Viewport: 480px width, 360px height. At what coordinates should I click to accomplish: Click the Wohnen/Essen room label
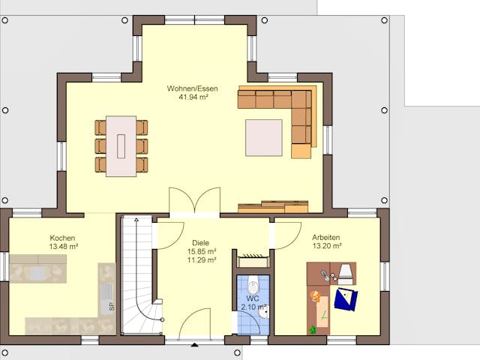coord(193,88)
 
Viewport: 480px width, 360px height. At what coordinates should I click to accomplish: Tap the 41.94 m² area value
coord(193,97)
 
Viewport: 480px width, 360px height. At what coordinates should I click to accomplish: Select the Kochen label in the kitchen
coord(63,237)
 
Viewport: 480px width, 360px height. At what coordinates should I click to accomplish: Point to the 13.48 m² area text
coord(63,246)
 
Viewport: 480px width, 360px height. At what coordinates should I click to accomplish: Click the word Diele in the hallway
coord(201,242)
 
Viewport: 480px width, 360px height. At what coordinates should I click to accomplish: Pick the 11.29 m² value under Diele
coord(201,260)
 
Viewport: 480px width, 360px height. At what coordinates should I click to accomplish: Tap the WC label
coord(252,298)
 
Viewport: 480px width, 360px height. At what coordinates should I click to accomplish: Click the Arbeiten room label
coord(326,237)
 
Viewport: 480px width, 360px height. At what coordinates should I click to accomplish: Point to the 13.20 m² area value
coord(326,246)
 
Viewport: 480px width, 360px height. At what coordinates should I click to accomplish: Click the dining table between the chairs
coord(121,145)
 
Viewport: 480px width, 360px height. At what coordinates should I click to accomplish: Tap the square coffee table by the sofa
coord(263,137)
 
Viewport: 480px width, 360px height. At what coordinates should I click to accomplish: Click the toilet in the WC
coord(253,284)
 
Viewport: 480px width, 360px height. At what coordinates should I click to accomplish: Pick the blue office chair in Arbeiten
coord(346,299)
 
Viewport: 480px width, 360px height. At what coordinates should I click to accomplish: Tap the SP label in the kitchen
coord(111,307)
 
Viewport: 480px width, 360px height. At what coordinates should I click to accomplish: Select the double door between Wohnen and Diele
coord(194,201)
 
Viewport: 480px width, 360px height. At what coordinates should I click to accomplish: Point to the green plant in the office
coord(312,329)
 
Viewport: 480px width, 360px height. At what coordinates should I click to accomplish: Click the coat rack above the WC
coord(253,260)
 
